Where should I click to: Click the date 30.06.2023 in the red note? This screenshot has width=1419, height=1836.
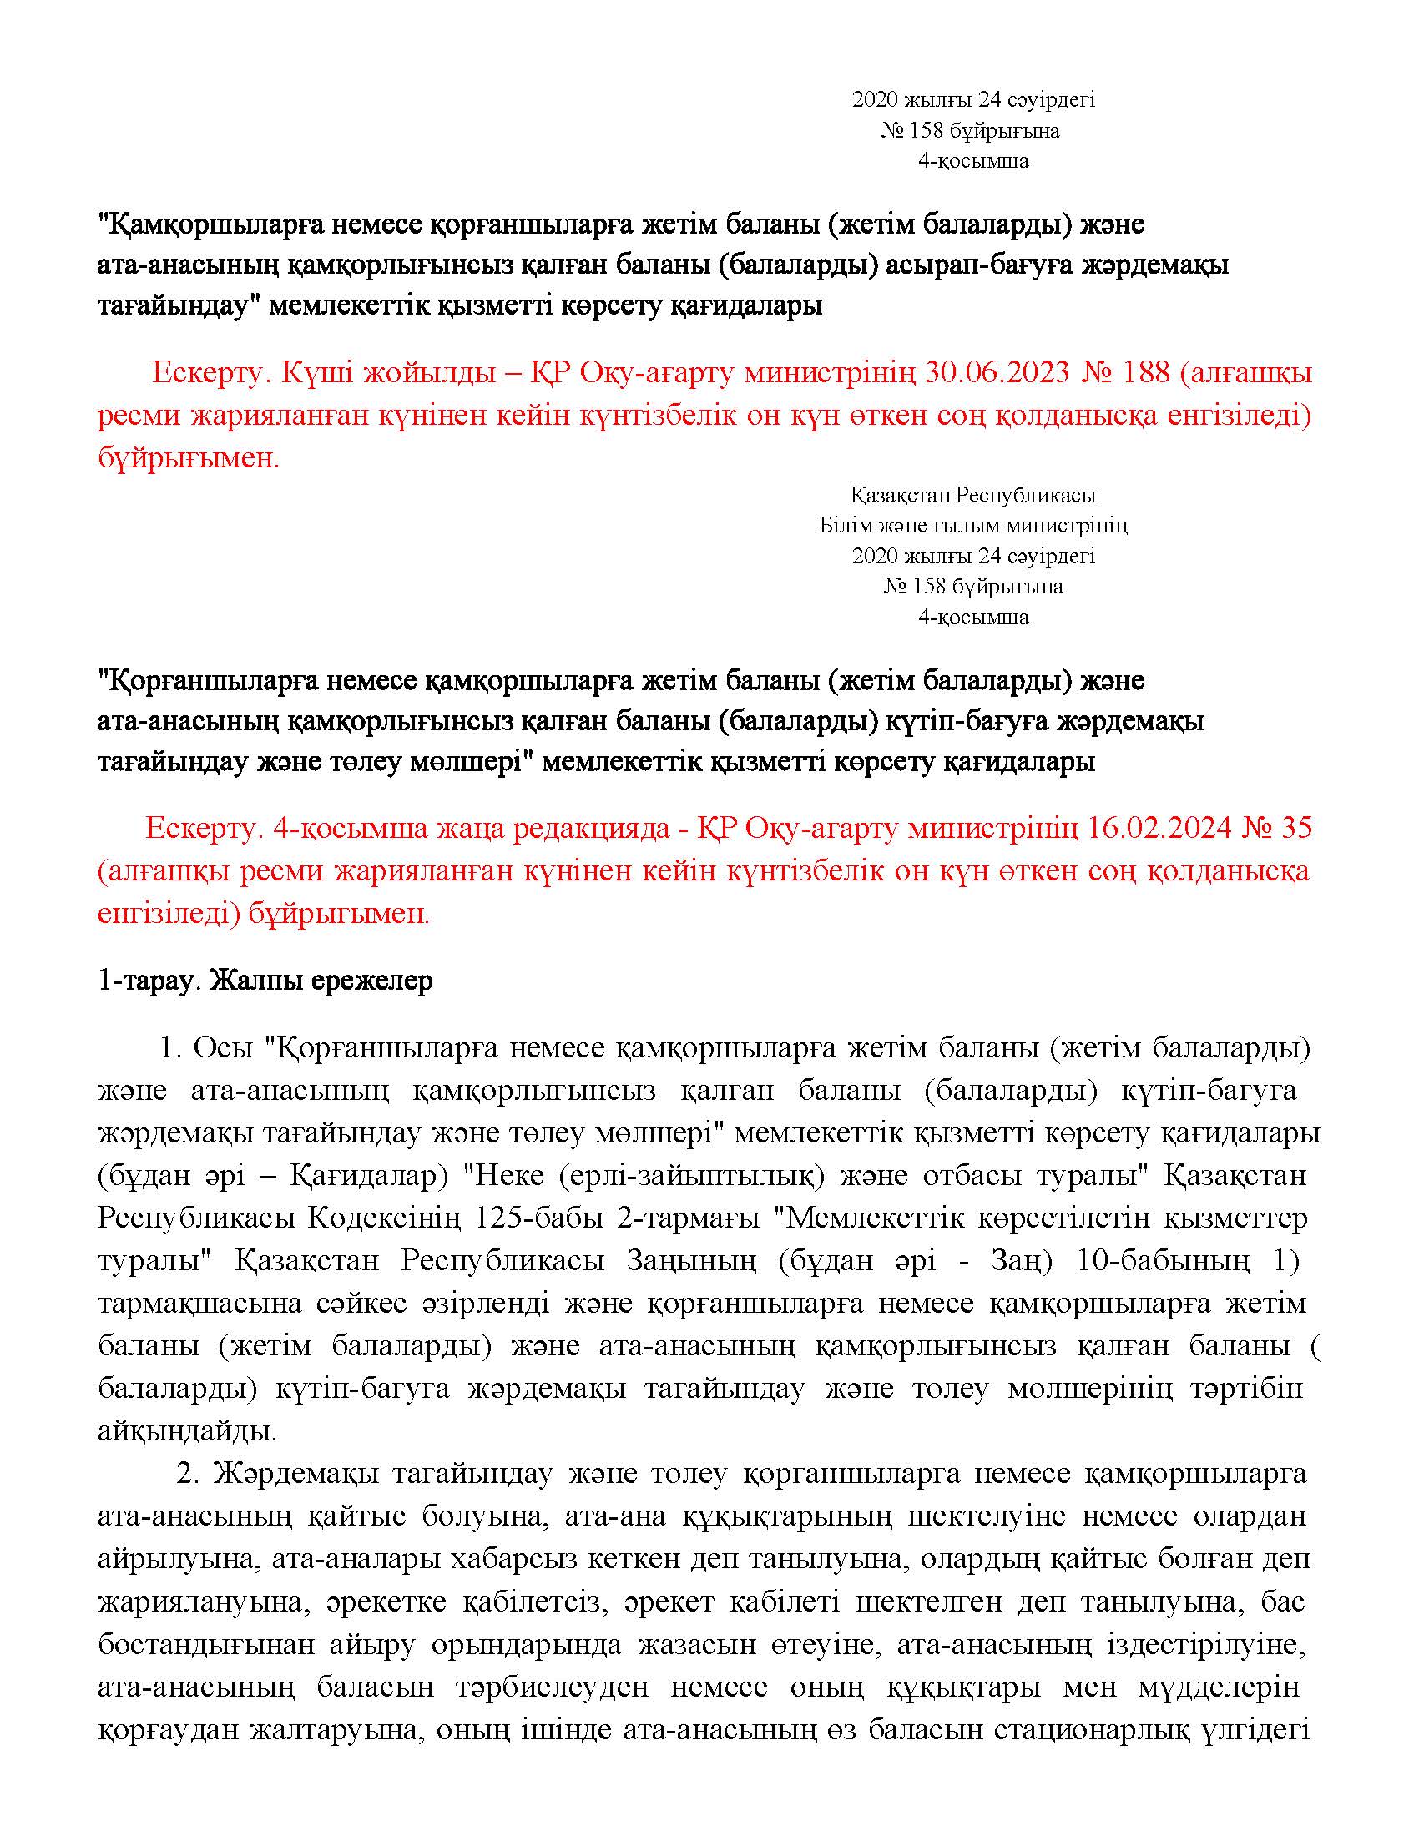point(997,372)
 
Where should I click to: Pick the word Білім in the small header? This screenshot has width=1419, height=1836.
point(841,526)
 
